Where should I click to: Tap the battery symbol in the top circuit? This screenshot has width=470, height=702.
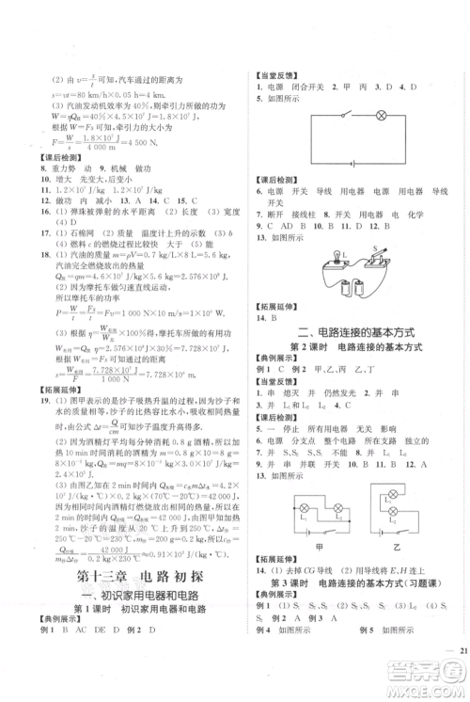pyautogui.click(x=352, y=162)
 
